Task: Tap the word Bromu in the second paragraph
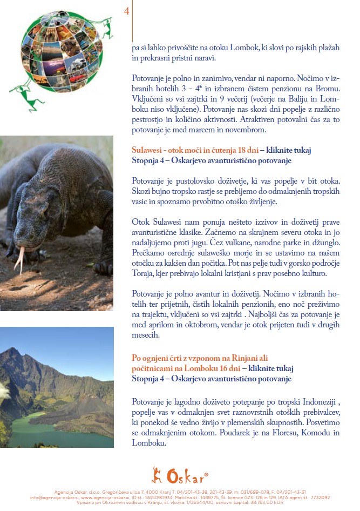(329, 90)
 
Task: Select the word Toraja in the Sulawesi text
(145, 274)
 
